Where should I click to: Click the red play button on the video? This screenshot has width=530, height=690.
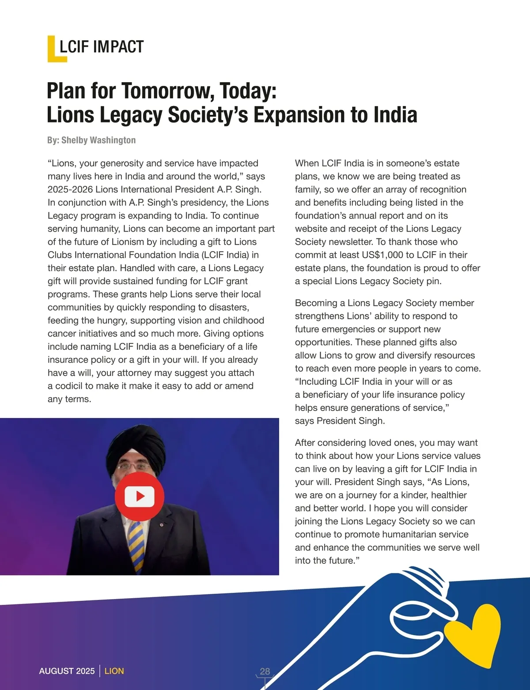point(140,496)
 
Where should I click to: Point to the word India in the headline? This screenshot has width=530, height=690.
point(395,115)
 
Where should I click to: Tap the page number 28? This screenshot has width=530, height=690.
point(265,671)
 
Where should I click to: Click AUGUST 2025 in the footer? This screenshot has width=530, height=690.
point(67,671)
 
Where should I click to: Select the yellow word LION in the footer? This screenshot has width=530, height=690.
point(114,671)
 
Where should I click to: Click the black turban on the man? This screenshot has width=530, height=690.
point(128,446)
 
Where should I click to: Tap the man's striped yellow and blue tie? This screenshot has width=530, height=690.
point(136,543)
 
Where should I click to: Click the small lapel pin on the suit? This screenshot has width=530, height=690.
point(161,525)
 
